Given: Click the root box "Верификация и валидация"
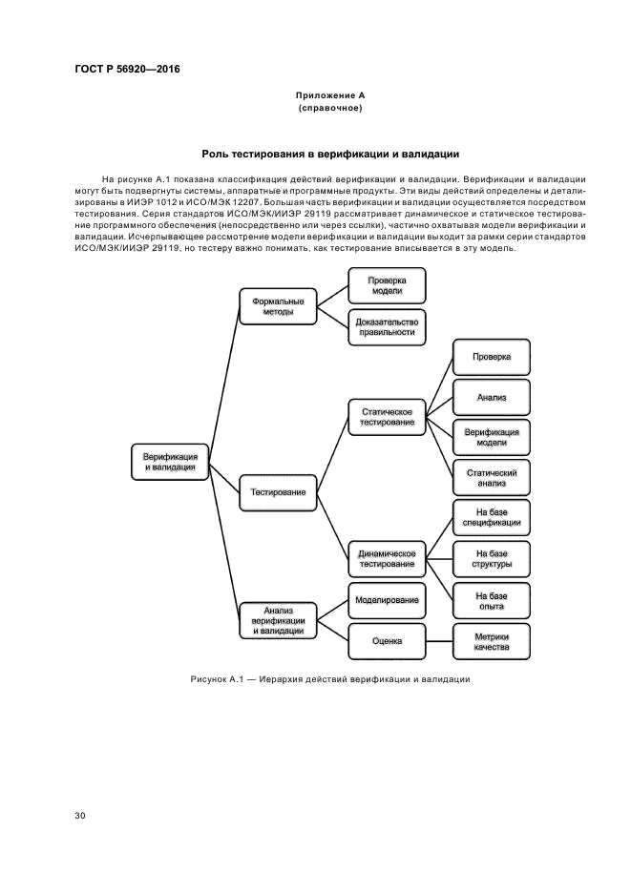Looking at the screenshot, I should coord(170,462).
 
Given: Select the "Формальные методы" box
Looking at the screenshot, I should coord(278,305).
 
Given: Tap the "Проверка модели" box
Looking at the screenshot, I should coord(387,285).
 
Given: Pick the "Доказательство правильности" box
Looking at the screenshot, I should coord(387,326).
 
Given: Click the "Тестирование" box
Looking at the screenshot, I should coord(278,492).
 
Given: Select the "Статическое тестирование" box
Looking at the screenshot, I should coord(387,416).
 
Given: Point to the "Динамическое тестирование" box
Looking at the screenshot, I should coord(387,558).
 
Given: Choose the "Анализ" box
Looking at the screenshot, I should coord(492,396).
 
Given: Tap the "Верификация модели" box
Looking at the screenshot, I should coord(492,437).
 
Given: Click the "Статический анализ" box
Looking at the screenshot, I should coord(492,477).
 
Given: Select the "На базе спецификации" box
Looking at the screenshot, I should coord(492,517).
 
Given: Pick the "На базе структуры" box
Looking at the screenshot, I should coord(492,558).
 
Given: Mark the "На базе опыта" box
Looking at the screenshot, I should coord(492,600).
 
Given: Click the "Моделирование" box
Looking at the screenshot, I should coord(387,600).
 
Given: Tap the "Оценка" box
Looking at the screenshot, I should coord(387,641).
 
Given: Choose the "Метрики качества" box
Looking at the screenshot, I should coord(492,641).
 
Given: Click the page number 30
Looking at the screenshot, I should coord(80,816).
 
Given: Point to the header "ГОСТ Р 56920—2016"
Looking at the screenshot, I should coord(127,70).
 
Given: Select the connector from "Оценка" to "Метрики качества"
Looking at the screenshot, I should coord(438,641).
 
